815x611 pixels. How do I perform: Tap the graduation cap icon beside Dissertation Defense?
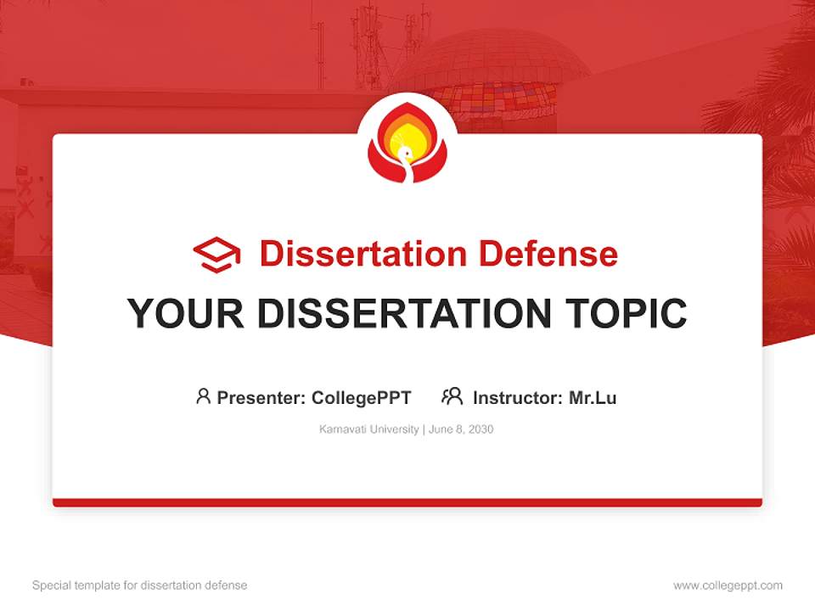[x=216, y=254]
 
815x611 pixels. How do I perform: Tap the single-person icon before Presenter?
[x=203, y=396]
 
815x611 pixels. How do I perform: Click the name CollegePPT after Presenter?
[x=362, y=397]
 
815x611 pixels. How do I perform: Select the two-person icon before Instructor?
[x=452, y=396]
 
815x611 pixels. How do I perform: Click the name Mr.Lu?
[x=593, y=397]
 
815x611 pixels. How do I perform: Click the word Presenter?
[x=260, y=397]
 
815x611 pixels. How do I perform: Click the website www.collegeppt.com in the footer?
[x=728, y=586]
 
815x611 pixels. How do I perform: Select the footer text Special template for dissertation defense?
[x=140, y=586]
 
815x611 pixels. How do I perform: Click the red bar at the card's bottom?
[x=407, y=502]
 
